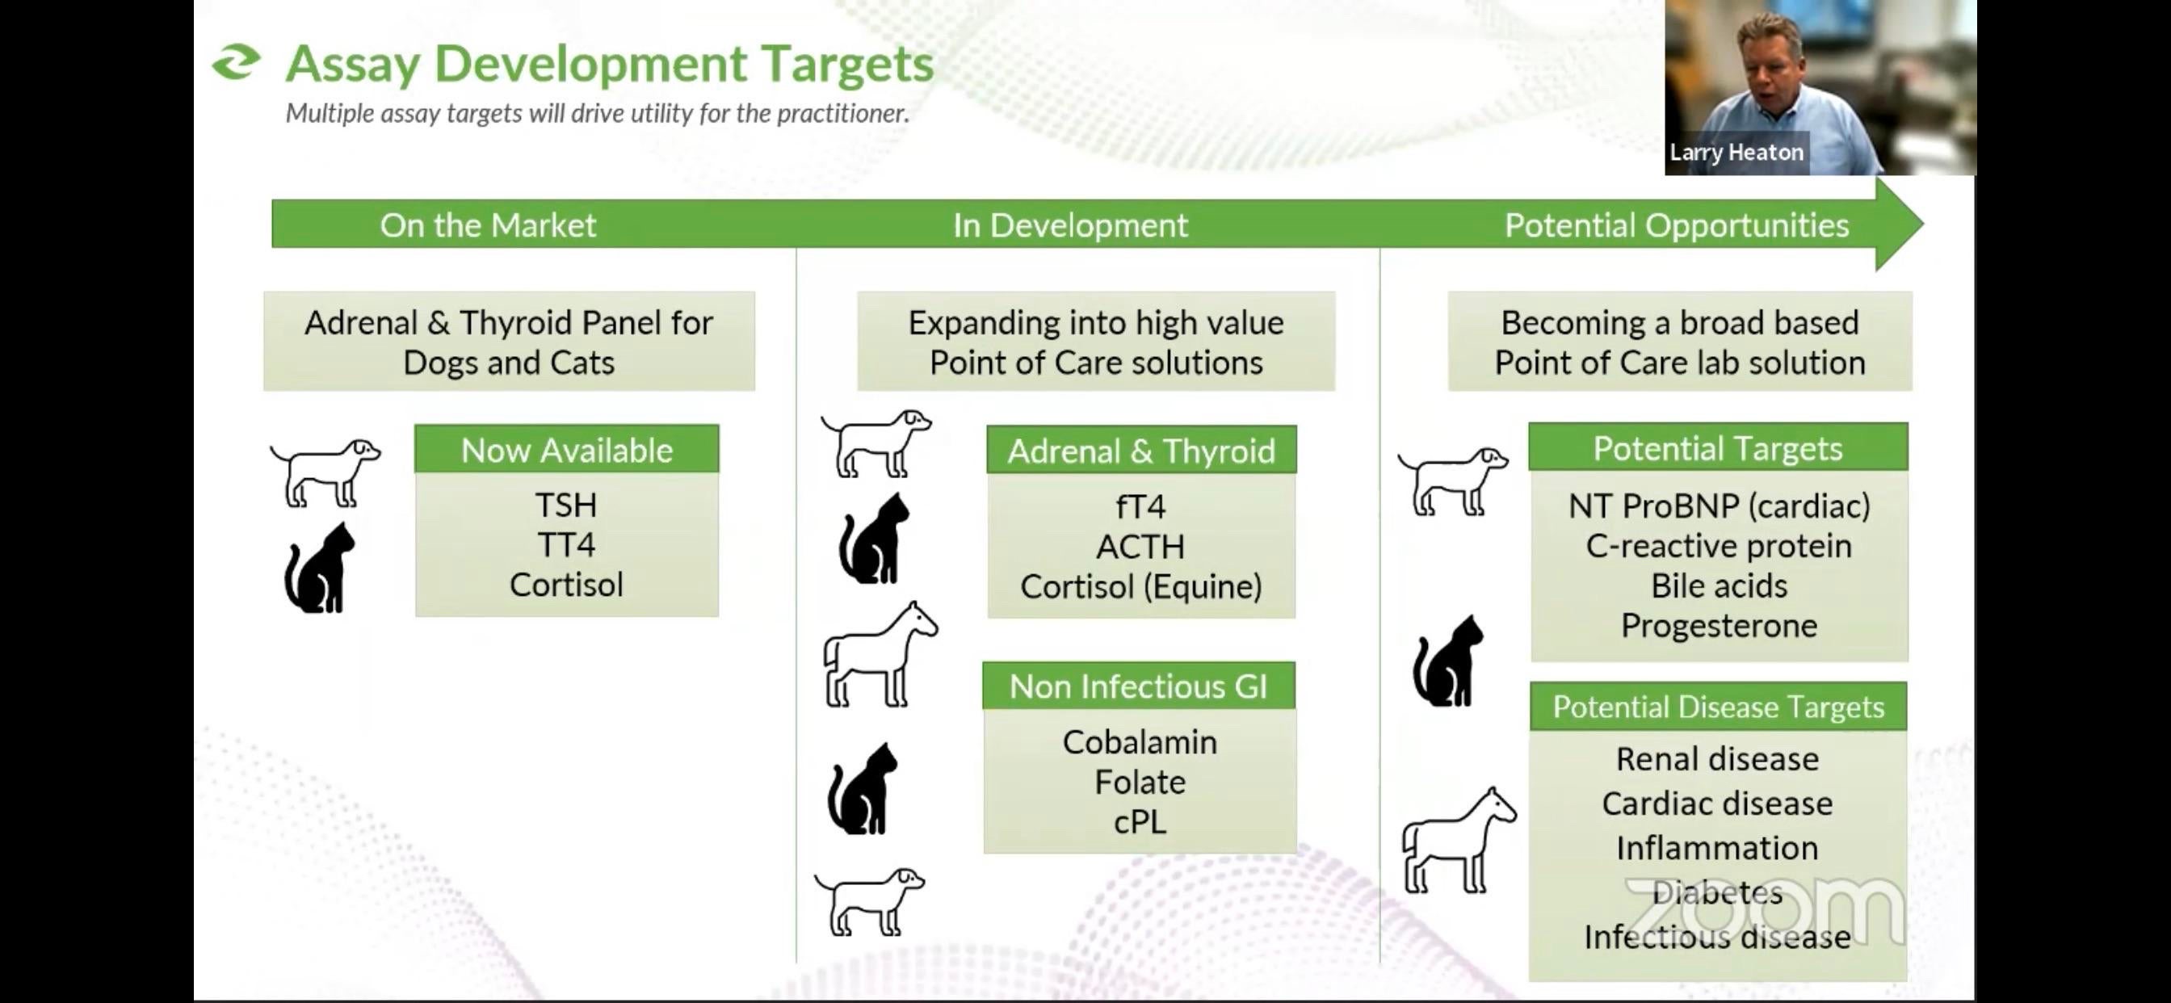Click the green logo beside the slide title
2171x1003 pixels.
(236, 62)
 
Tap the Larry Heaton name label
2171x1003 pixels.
(1736, 153)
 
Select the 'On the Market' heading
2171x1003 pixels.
(488, 225)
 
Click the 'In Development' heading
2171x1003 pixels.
(1070, 225)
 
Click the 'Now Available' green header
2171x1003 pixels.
(567, 449)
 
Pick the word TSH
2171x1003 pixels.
(566, 505)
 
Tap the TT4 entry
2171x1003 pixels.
(566, 544)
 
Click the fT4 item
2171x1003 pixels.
(1141, 506)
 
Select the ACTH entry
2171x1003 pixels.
(1141, 547)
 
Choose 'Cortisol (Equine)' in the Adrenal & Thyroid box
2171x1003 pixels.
(1141, 586)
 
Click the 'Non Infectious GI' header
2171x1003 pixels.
(1139, 686)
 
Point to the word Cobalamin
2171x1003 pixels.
(1140, 741)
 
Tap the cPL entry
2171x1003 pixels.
(1140, 822)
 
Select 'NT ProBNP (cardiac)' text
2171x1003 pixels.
(1720, 506)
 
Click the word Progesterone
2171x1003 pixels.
(1720, 626)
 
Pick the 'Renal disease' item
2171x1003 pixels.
(1718, 758)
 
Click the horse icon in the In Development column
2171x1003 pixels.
(880, 654)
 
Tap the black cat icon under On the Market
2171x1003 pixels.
(319, 567)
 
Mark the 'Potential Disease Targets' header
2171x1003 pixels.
(1719, 707)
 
